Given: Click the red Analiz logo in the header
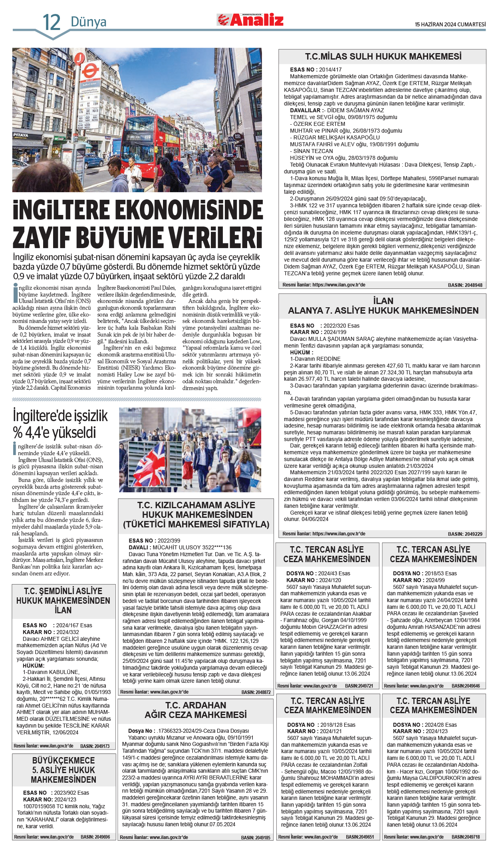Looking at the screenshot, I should [x=250, y=20].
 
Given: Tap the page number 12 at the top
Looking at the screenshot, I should [x=52, y=22].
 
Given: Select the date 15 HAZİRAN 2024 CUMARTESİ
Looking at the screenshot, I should [x=450, y=24].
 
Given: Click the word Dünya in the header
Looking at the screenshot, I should [x=88, y=22].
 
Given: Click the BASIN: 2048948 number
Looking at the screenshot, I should [x=465, y=285].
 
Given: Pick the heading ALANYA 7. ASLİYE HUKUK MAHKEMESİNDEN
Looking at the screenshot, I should [x=383, y=310].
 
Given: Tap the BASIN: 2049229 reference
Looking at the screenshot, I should [x=465, y=534].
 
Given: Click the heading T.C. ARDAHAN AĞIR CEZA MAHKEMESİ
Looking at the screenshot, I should [x=196, y=710].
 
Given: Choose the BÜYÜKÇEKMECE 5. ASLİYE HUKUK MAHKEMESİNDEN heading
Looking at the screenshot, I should [x=63, y=770].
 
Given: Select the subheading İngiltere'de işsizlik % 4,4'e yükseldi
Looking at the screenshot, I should [x=60, y=424].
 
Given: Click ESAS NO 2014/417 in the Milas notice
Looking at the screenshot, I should [x=315, y=70].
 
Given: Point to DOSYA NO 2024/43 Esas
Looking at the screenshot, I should [x=318, y=573].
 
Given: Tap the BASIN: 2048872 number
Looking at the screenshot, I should [x=256, y=692].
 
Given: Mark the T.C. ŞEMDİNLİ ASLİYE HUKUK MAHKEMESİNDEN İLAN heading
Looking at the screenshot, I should [x=63, y=600].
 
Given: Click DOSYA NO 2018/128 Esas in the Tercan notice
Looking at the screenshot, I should [x=321, y=725].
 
